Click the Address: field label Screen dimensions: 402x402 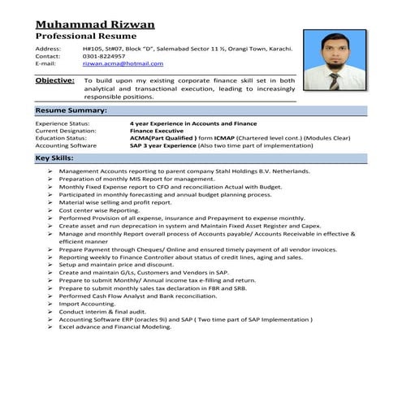click(x=49, y=49)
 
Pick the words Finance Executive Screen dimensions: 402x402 click(x=158, y=130)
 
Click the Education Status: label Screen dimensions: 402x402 click(x=62, y=137)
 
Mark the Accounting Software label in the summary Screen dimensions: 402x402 click(x=66, y=145)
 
